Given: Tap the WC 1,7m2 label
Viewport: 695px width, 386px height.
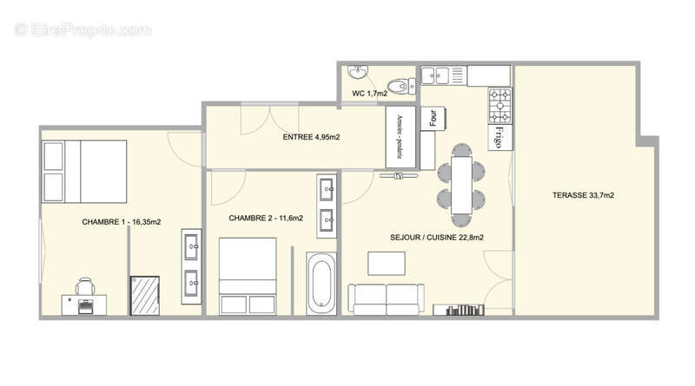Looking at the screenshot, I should (x=369, y=94).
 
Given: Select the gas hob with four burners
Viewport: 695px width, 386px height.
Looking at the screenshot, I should (x=500, y=107).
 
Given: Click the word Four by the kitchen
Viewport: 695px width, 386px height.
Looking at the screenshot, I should (x=432, y=118).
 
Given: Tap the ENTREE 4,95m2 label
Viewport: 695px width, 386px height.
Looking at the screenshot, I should (x=311, y=137).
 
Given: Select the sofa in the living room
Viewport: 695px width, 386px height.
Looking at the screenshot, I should (x=387, y=298).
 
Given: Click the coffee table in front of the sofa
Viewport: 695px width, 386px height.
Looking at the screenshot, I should (x=386, y=263).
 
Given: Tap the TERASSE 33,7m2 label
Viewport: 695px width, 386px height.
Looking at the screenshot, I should (x=583, y=196).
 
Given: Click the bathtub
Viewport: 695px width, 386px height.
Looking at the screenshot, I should (x=321, y=284).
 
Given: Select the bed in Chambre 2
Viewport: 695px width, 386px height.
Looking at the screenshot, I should (x=248, y=275).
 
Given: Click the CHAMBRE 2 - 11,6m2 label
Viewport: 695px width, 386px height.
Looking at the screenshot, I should (x=266, y=219).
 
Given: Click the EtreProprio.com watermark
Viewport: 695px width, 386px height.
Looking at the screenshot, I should (x=83, y=29).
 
